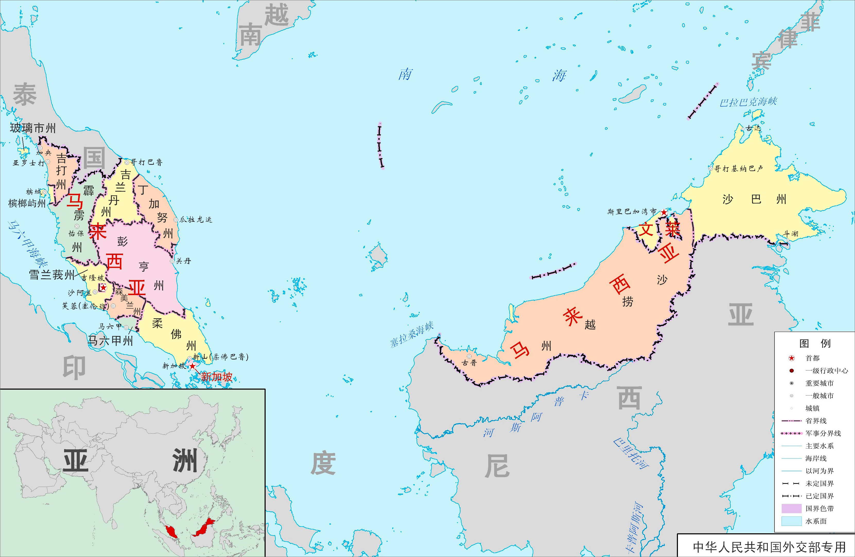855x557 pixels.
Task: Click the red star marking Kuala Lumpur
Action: (x=103, y=287)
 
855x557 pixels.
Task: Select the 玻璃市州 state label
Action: (x=33, y=128)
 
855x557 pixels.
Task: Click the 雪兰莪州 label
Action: (x=52, y=275)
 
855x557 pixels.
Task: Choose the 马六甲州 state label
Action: (x=111, y=341)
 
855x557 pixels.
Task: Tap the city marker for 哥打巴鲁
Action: (x=126, y=162)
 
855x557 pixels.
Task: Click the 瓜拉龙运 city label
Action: (x=196, y=220)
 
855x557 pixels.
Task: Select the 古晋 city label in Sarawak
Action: (x=469, y=363)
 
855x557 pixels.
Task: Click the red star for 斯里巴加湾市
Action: (x=664, y=212)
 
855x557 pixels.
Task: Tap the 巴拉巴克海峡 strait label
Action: (x=748, y=102)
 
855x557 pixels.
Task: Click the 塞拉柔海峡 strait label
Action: (x=412, y=335)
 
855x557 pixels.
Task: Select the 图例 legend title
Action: (x=815, y=344)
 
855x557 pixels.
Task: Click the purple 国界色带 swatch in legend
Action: (x=791, y=509)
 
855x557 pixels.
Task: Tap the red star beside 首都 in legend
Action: (x=791, y=358)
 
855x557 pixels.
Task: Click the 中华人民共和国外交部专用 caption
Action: (x=769, y=547)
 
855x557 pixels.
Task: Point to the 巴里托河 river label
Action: (x=631, y=453)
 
